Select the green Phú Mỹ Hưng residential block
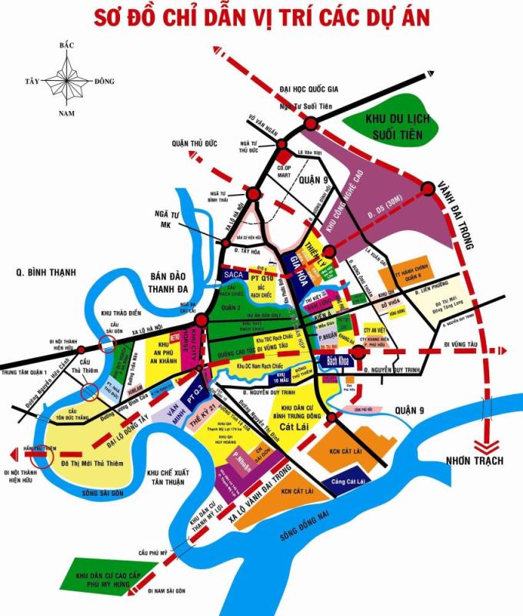(x=100, y=578)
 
